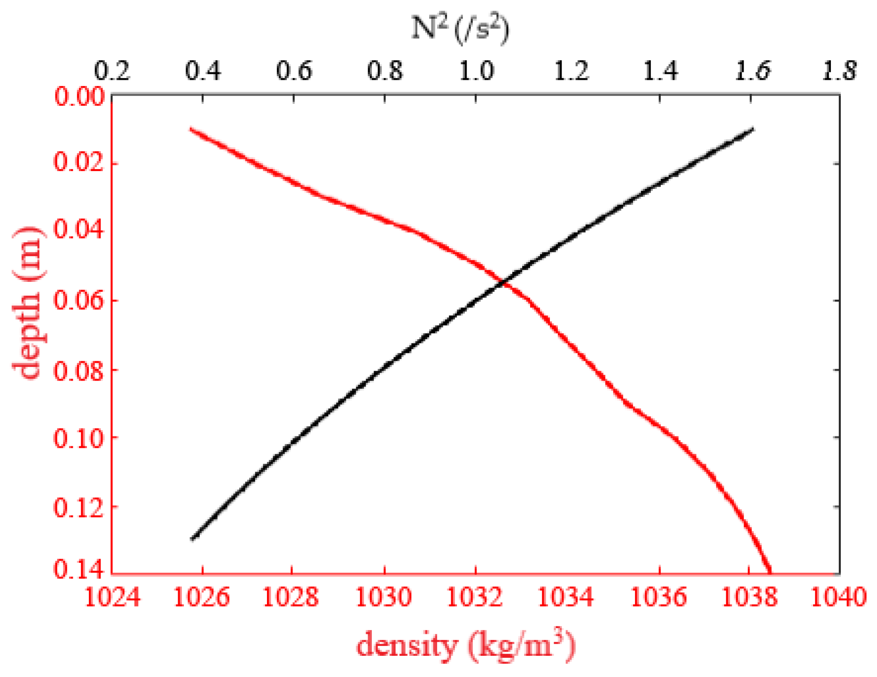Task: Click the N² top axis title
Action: pos(460,29)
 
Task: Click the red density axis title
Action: pos(465,646)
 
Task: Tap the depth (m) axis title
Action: pos(27,303)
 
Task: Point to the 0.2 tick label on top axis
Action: pos(112,71)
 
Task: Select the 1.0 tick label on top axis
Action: pos(477,71)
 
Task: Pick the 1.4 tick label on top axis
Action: pos(660,71)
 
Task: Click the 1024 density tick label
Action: pos(112,598)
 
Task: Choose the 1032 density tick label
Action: pos(476,598)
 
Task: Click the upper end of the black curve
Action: pos(752,129)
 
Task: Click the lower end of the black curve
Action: pos(193,538)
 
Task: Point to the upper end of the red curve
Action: pos(192,129)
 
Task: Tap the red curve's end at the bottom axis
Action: pos(769,572)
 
